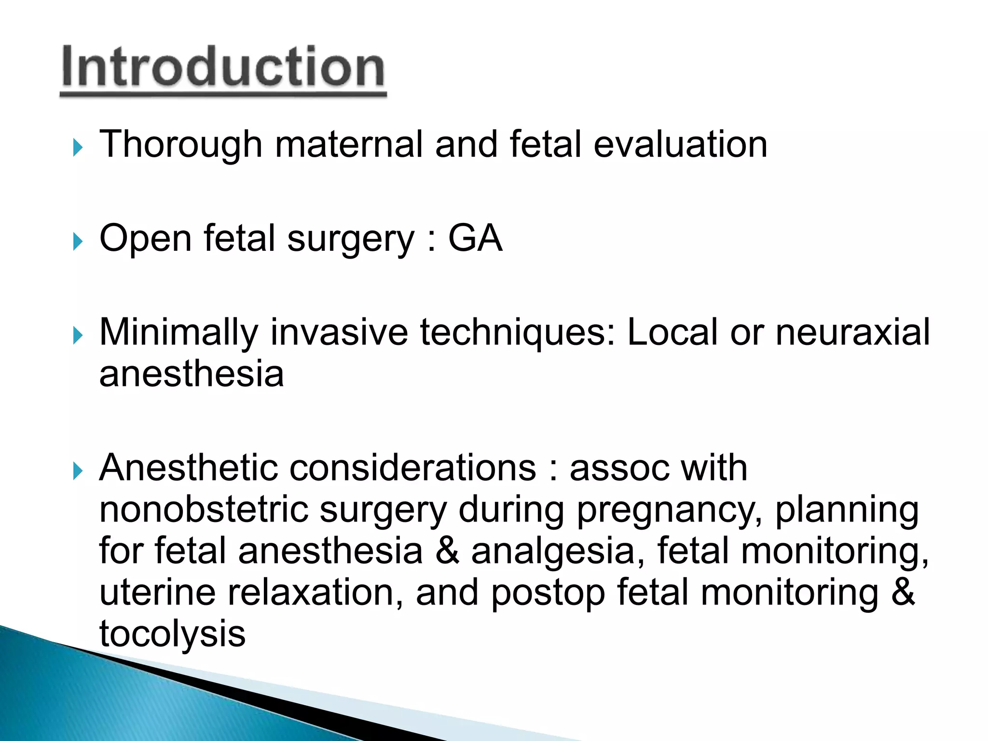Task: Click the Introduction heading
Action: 223,68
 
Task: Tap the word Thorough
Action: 180,145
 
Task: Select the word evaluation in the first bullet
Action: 680,145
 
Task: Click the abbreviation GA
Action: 475,238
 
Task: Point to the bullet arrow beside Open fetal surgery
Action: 78,241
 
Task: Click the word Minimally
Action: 178,333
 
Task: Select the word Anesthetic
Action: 188,468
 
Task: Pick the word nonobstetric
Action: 204,510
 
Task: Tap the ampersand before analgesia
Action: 447,551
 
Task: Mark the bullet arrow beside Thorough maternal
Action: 78,148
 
